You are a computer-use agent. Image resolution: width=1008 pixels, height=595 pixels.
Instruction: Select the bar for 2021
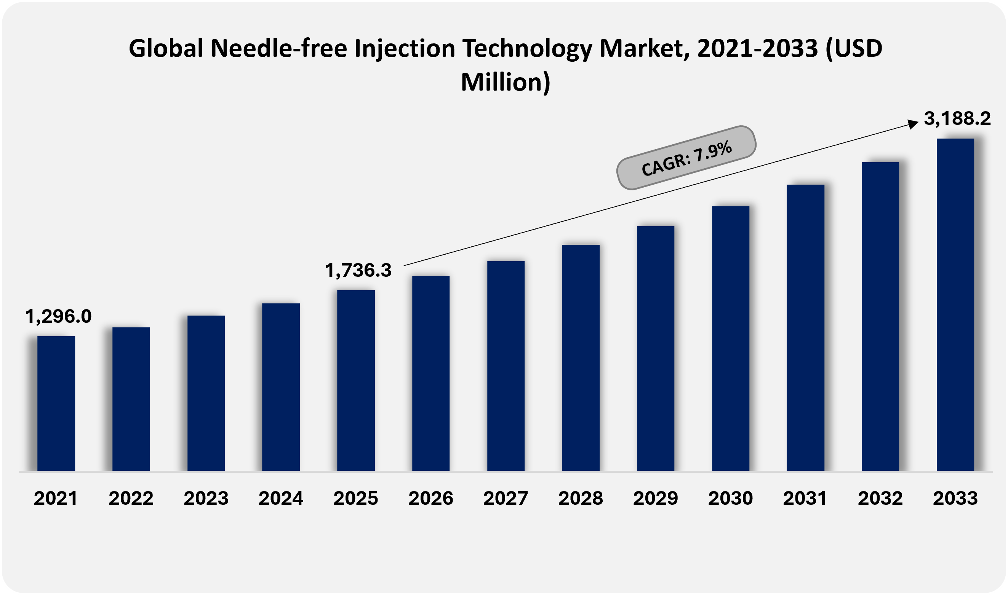point(56,403)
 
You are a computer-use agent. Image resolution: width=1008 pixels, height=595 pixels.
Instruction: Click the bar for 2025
point(356,380)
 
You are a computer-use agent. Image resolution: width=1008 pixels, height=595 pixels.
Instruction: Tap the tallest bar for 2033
point(955,305)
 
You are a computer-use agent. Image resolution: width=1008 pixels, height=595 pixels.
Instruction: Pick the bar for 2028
point(581,357)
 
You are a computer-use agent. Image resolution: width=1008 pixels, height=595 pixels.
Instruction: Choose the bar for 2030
point(730,338)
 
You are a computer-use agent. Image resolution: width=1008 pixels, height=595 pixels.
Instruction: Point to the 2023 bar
point(206,393)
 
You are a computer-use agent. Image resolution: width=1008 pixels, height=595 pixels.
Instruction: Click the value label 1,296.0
point(59,316)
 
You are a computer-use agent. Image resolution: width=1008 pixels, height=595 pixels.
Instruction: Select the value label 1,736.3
point(358,270)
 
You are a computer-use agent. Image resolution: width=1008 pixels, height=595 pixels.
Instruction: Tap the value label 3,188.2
point(957,118)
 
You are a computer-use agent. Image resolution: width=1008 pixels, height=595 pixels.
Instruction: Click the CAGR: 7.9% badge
point(686,157)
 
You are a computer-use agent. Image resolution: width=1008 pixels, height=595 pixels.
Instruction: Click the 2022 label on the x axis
point(131,498)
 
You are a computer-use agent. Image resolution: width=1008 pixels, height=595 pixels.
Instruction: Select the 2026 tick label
point(430,498)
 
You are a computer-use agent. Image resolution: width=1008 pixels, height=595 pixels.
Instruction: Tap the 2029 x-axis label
point(655,498)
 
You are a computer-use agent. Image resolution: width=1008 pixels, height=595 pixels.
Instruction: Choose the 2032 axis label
point(880,498)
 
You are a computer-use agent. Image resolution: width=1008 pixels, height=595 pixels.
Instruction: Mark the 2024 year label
point(281,498)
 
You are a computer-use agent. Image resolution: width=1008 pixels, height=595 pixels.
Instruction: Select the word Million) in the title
point(506,82)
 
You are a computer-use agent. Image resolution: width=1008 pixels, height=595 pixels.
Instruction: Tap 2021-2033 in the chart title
point(757,48)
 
